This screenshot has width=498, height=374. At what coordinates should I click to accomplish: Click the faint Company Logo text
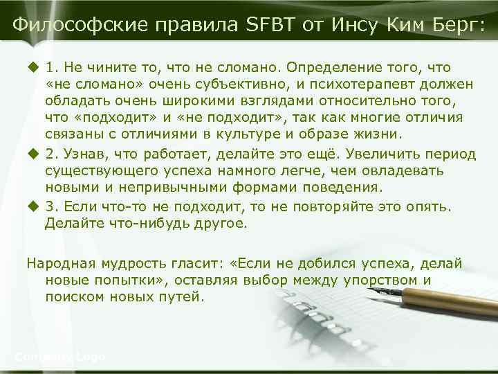(59, 357)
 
